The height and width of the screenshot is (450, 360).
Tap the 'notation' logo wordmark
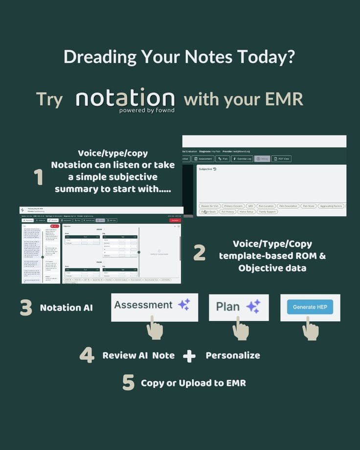coord(125,98)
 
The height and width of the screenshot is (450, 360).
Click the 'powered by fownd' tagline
coord(147,111)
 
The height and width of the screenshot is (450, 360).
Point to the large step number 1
coord(38,177)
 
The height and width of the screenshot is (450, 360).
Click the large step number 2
coord(200,252)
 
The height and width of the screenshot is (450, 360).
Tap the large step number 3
coord(26,308)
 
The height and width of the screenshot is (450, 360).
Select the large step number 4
coord(87,355)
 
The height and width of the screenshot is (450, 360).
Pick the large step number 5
coord(128,382)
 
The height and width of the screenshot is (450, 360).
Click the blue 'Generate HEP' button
coord(310,307)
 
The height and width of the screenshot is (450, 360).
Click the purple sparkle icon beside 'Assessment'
coord(184,305)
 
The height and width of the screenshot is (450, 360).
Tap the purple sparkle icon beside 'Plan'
coord(253,307)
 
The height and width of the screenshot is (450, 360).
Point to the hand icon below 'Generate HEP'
coord(310,328)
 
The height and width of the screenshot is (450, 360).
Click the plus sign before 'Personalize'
coord(189,356)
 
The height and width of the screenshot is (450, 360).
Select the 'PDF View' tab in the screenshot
coord(281,158)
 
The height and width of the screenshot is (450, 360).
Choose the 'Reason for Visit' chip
coord(209,206)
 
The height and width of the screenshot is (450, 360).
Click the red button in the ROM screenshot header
coord(175,221)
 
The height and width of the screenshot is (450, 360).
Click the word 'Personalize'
coord(233,355)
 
